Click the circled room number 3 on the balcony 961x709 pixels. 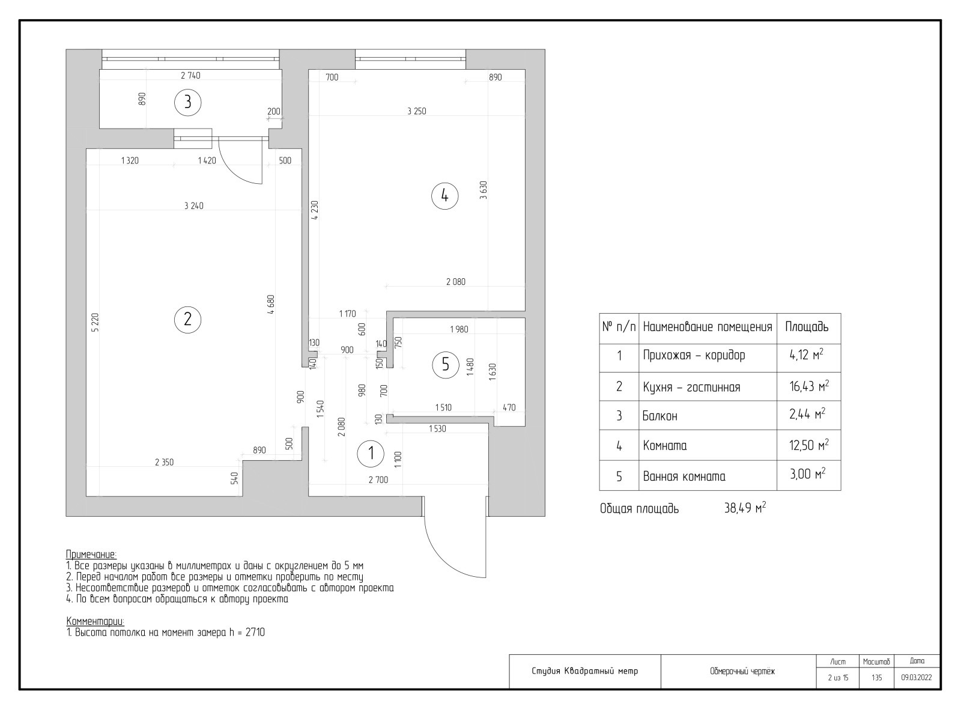(x=187, y=103)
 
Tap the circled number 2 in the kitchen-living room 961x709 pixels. (x=187, y=319)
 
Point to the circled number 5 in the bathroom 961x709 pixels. (x=445, y=364)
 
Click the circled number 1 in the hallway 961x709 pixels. (x=371, y=454)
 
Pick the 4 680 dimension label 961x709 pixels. (x=271, y=304)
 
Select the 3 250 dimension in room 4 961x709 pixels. (x=416, y=111)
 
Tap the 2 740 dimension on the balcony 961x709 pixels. (x=190, y=76)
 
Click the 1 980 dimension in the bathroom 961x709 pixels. (x=459, y=329)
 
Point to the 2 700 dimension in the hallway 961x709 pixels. (x=378, y=479)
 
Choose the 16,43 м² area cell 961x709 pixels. (x=808, y=386)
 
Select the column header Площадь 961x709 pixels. (x=807, y=327)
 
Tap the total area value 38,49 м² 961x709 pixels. (x=745, y=508)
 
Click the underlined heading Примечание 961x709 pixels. (x=91, y=554)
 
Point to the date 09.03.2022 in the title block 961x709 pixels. (x=916, y=678)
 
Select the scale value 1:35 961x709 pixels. (x=876, y=678)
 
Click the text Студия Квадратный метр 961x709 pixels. (x=585, y=671)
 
